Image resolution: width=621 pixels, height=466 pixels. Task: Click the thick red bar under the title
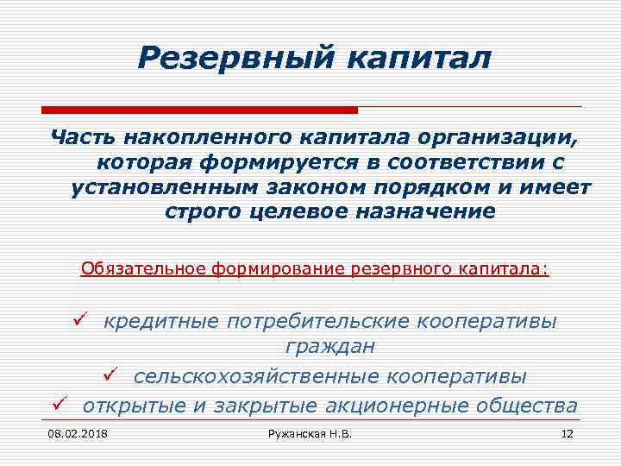[x=198, y=110]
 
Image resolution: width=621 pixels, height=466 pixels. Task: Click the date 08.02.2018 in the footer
[x=72, y=432]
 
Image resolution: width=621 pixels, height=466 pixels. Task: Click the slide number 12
[x=567, y=432]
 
